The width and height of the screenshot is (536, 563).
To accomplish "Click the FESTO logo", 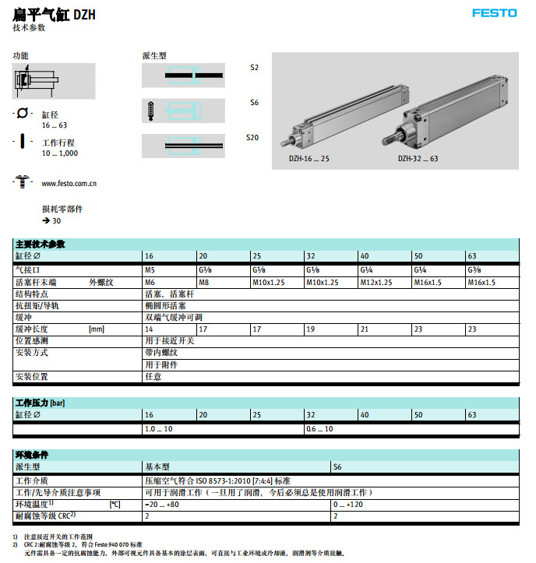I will point(495,12).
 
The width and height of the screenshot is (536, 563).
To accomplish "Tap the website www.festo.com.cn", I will point(69,183).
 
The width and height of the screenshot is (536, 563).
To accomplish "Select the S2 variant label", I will point(254,68).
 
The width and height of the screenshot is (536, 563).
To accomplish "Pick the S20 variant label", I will point(252,138).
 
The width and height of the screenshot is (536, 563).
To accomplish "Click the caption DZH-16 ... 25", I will point(309,158).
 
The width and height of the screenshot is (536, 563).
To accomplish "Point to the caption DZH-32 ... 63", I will point(418,158).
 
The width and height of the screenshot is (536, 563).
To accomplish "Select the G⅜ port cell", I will point(474,269).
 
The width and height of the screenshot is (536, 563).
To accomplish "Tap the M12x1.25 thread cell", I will point(376,283).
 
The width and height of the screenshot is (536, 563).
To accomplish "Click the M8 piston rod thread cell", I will point(204,283).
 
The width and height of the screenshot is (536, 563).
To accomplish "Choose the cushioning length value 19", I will point(310,330).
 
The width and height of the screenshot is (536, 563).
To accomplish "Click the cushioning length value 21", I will point(364,330).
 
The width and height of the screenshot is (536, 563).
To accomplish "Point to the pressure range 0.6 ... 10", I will point(319,429).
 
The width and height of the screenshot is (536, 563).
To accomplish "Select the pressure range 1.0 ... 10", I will point(158,429).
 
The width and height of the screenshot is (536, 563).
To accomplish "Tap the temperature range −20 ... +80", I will point(162,505).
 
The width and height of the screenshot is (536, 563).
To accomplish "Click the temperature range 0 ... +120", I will point(347,505).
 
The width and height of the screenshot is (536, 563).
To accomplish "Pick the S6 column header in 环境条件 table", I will point(338,467).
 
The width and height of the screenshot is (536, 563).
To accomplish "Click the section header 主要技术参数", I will point(40,245).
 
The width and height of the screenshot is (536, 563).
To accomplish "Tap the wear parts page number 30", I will point(56,220).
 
